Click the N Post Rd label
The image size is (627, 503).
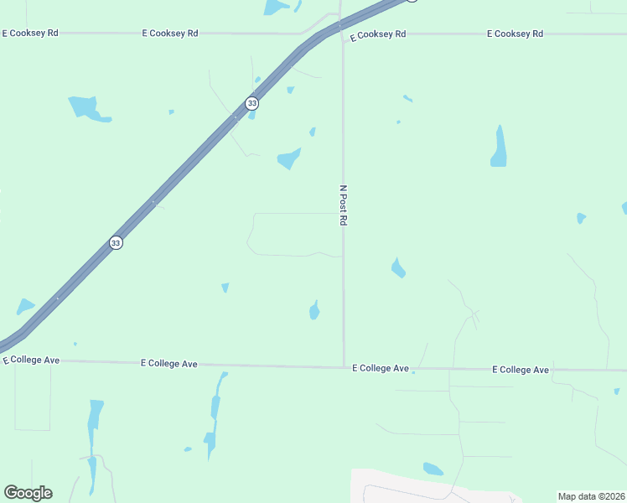coord(343,205)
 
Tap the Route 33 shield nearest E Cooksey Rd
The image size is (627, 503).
coord(251,103)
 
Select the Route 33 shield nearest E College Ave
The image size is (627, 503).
coord(116,242)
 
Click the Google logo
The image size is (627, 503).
coord(28,493)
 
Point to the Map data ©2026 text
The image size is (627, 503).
coord(591,496)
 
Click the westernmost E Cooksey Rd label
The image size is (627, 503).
coord(30,34)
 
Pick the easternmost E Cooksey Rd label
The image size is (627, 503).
coord(515,34)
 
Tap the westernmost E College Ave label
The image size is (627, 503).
coord(31,360)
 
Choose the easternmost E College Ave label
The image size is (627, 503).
coord(521,369)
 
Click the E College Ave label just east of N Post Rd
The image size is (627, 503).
coord(380,368)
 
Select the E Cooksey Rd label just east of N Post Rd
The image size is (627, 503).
coord(378,34)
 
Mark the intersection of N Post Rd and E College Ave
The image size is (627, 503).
coord(344,366)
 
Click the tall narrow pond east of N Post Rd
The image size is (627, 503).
coord(499,148)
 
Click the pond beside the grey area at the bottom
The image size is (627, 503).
coord(433,469)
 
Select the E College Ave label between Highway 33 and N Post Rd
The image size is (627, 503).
coord(169,364)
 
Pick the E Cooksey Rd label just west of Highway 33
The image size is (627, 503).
coord(169,34)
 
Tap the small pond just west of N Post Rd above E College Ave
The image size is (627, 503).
coord(314,310)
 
